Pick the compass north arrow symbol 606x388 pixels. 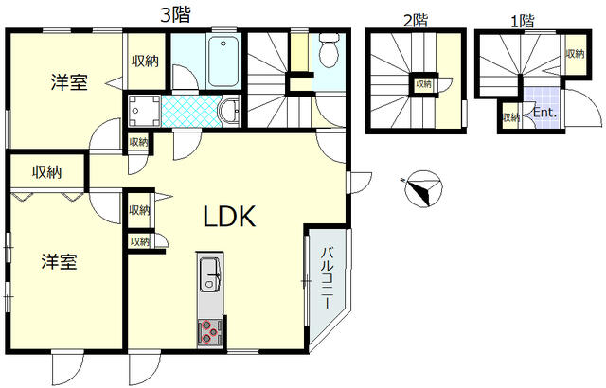(x=420, y=187)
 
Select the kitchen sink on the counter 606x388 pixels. (x=209, y=276)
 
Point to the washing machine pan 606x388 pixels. (x=143, y=111)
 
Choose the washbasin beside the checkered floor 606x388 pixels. (x=227, y=112)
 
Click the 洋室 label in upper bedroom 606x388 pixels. (x=69, y=82)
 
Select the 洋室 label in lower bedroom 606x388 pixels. (x=59, y=262)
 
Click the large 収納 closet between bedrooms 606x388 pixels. (x=47, y=172)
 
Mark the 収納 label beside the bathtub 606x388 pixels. (x=144, y=62)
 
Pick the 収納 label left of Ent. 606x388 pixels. (x=511, y=117)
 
